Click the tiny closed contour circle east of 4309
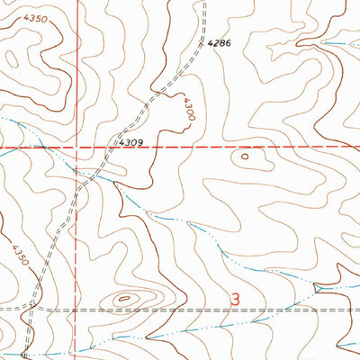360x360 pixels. [245, 157]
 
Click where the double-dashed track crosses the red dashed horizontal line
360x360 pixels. [106, 147]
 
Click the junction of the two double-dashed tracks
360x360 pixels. [32, 308]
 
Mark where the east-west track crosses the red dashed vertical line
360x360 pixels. [74, 308]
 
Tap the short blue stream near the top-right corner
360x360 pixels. [337, 43]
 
